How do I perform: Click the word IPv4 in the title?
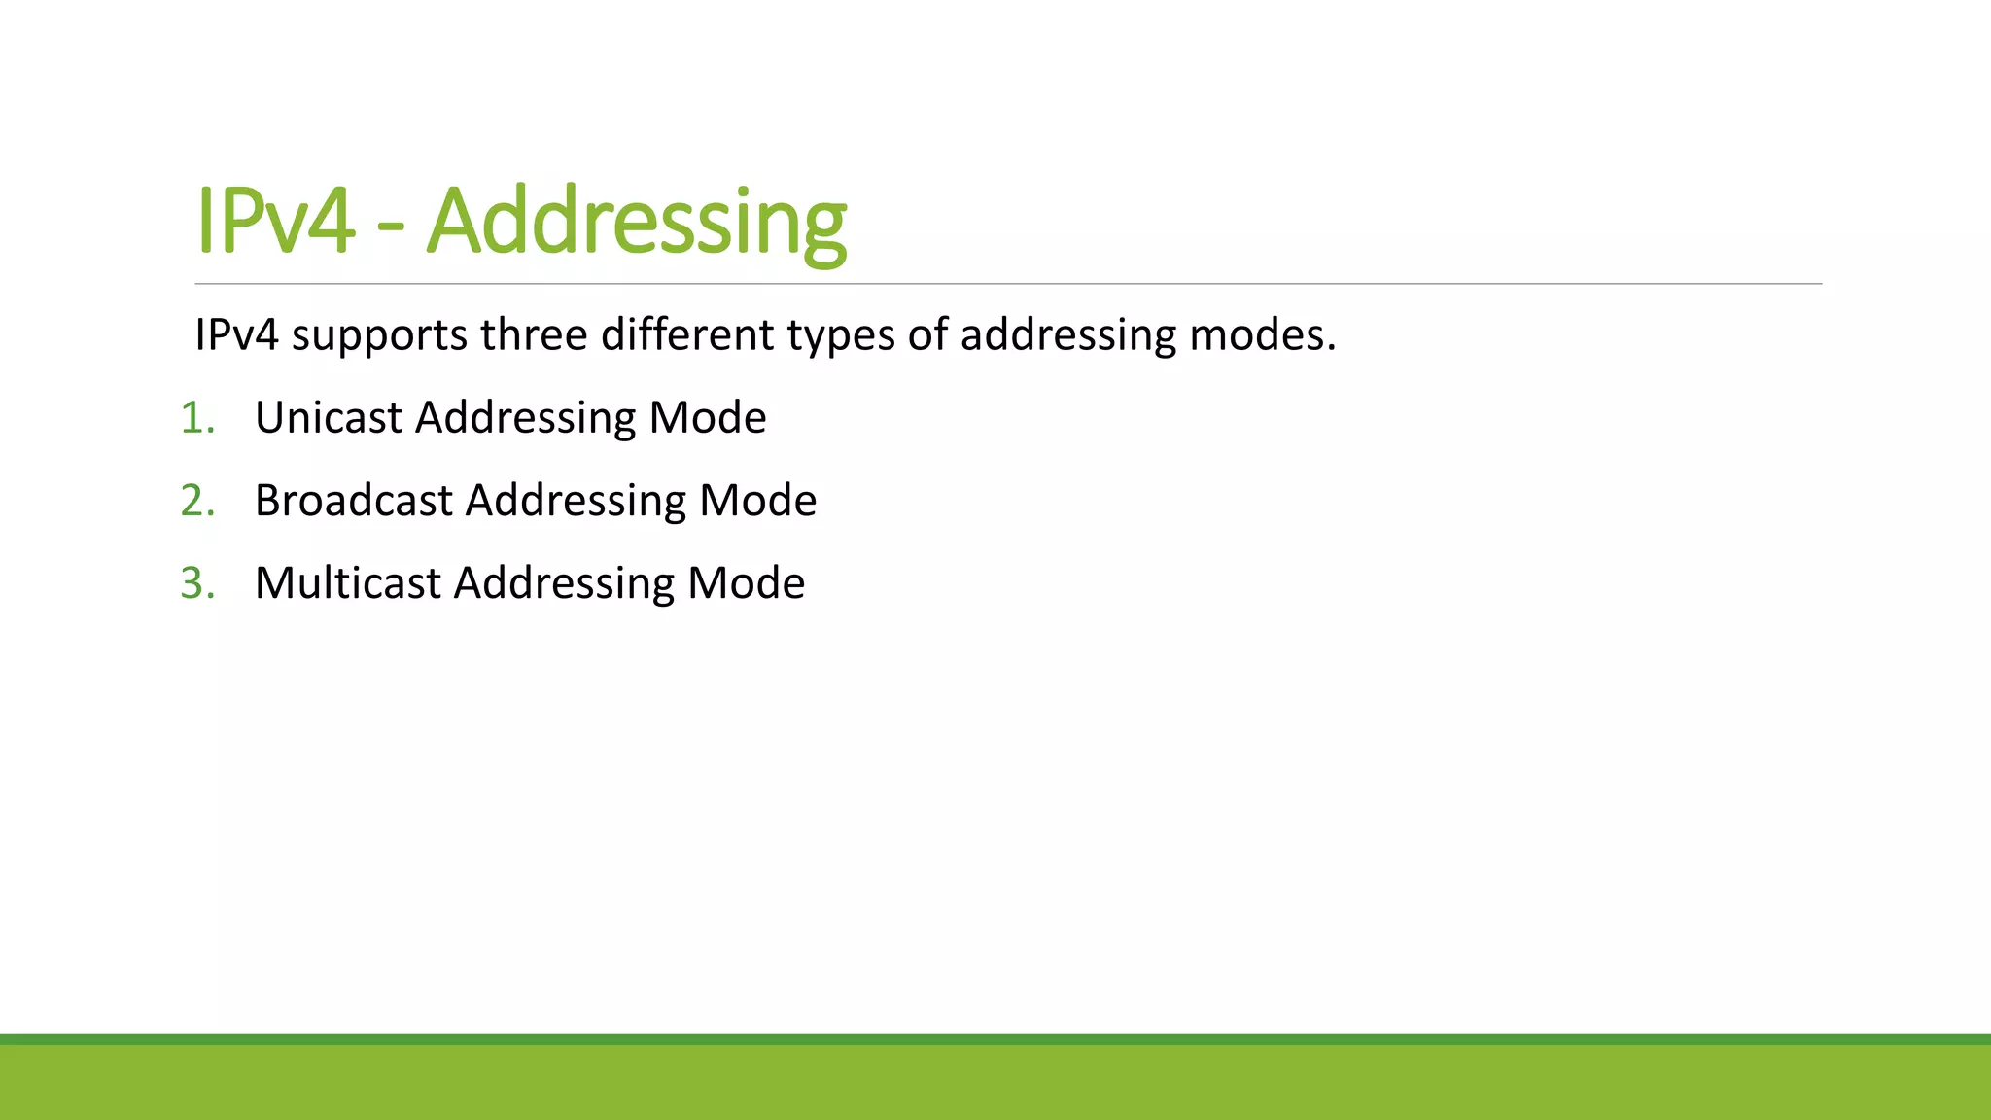[x=275, y=222]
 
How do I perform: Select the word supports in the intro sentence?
[x=379, y=335]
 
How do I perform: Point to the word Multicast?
[x=348, y=583]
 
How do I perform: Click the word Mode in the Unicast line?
[x=708, y=418]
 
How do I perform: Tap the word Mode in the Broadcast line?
[x=758, y=501]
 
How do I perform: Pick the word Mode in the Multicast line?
[x=747, y=583]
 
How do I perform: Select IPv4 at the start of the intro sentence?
[x=236, y=334]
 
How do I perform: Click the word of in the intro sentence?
[x=927, y=334]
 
